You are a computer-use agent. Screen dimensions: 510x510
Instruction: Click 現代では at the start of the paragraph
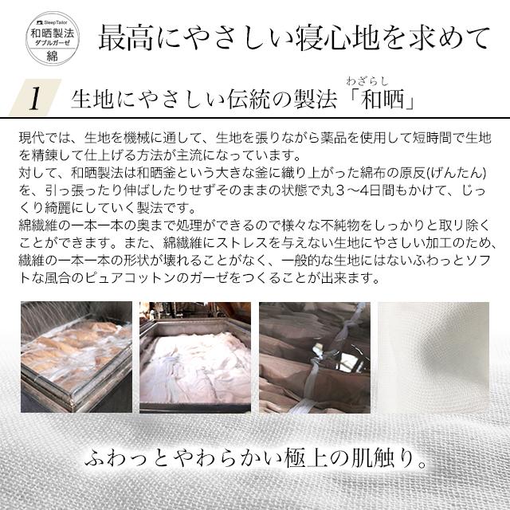click(42, 137)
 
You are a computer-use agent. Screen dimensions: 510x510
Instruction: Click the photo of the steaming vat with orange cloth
click(75, 355)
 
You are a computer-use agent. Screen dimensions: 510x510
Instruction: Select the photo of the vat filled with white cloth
click(195, 355)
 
